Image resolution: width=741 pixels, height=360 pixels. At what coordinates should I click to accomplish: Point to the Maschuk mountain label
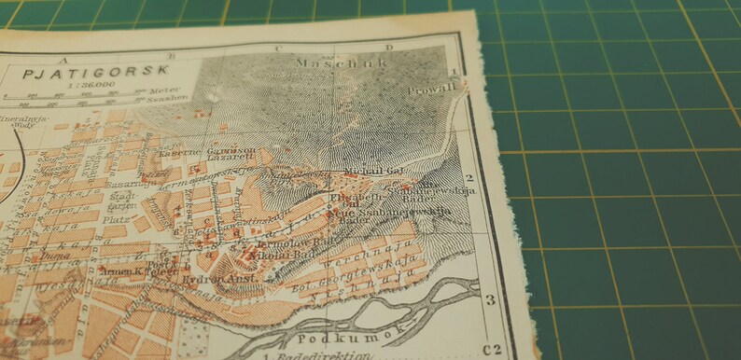click(316, 63)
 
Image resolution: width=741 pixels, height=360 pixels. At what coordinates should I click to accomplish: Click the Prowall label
click(431, 90)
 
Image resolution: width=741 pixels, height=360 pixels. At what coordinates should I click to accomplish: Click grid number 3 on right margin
click(488, 300)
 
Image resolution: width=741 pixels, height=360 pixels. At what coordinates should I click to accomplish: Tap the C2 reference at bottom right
click(492, 351)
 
